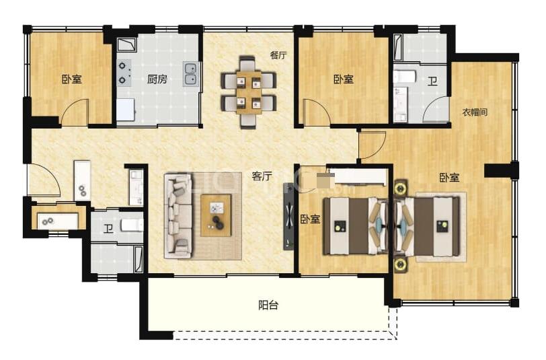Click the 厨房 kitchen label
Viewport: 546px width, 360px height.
157,79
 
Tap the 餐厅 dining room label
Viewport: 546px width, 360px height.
278,55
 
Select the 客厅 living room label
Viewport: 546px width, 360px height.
262,176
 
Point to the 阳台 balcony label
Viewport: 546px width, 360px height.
268,305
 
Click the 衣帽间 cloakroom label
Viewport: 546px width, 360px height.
475,112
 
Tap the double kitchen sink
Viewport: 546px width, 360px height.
190,74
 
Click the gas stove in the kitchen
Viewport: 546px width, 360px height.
124,73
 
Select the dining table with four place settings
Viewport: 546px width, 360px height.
249,92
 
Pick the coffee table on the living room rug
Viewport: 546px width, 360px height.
216,216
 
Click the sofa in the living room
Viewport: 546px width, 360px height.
179,217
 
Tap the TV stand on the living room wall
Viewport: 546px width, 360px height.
288,216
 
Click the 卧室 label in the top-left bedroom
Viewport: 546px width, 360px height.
72,79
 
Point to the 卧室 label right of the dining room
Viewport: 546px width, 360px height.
344,79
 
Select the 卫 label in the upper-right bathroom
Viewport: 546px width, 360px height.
432,81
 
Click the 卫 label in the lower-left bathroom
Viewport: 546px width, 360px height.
108,229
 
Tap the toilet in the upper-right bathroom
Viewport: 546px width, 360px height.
405,76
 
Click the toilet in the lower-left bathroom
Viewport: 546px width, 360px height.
132,225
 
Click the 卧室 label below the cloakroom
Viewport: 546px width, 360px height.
449,178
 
